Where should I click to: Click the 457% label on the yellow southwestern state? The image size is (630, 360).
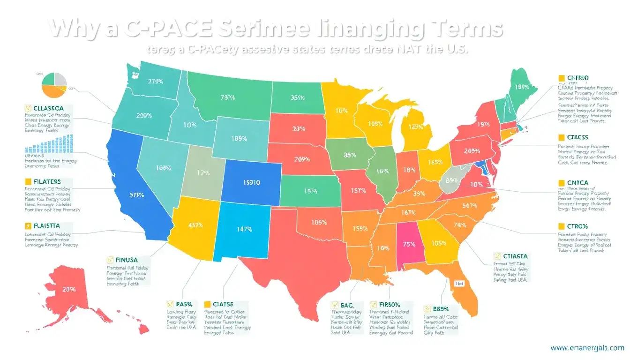[195, 225]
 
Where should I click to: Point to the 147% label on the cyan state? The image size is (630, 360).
[245, 229]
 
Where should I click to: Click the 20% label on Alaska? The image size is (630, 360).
[69, 289]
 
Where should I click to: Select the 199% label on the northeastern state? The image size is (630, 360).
[522, 87]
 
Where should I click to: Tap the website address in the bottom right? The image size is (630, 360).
[587, 347]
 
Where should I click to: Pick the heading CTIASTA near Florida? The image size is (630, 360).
[514, 256]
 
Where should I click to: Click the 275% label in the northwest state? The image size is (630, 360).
[156, 82]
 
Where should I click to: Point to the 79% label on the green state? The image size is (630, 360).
[227, 98]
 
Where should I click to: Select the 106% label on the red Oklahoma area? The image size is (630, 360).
[319, 222]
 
